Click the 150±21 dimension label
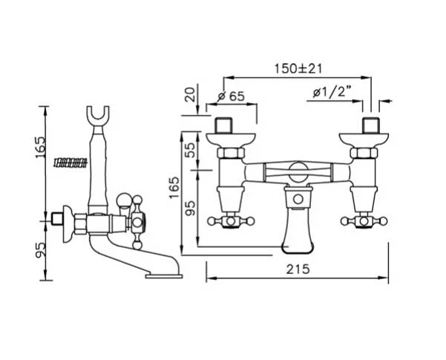[x=298, y=68]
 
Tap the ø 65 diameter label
[x=231, y=96]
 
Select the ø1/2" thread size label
[x=332, y=92]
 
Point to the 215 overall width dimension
[x=298, y=269]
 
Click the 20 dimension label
[x=191, y=94]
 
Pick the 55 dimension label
[x=191, y=150]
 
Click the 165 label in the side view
[x=40, y=147]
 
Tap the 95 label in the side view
[x=40, y=250]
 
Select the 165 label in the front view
[x=174, y=188]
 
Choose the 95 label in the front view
[x=191, y=208]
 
